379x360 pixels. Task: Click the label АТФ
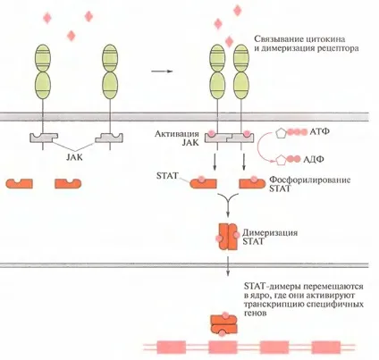[x=320, y=131]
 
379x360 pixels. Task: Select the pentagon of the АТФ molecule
[x=280, y=132]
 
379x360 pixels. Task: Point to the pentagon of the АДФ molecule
[x=280, y=160]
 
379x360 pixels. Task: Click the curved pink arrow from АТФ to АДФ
[x=258, y=147]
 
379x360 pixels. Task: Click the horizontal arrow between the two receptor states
[x=162, y=71]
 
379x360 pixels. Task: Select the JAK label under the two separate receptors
[x=74, y=157]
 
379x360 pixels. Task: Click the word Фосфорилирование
[x=310, y=180]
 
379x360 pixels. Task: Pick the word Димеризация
[x=270, y=232]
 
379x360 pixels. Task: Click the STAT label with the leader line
[x=167, y=175]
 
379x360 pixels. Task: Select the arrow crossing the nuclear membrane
[x=228, y=266]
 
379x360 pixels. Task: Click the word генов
[x=255, y=314]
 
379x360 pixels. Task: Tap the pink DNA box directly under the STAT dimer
[x=223, y=347]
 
